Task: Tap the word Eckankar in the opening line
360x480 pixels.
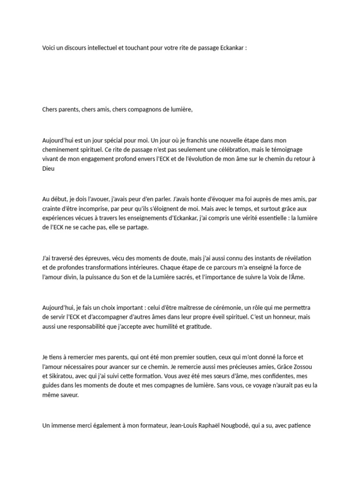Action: point(229,49)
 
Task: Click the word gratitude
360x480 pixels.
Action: point(196,326)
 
